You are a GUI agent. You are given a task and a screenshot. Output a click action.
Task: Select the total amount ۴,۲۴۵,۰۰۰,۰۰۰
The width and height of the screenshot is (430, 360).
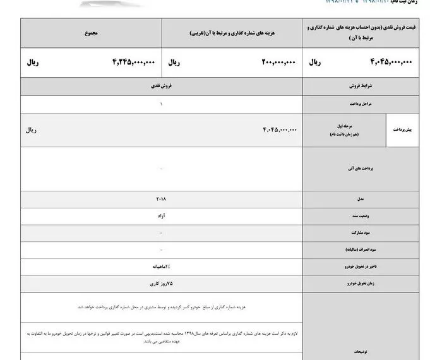coord(133,63)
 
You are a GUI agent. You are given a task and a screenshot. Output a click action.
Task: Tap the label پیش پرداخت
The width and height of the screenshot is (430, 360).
coord(407,129)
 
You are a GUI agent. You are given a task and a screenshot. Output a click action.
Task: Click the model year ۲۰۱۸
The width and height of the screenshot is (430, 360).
coord(162,199)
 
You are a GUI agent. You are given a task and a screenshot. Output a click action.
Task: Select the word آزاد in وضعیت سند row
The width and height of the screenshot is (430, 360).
coord(162,216)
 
